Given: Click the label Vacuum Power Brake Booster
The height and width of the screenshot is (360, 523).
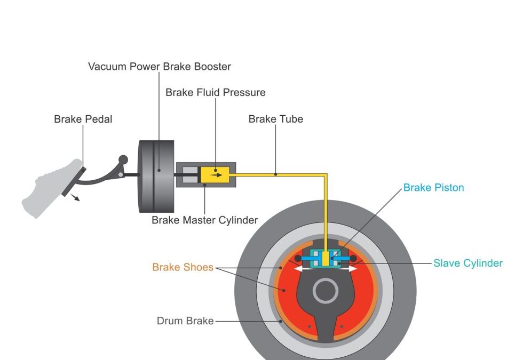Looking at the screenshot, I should [159, 67].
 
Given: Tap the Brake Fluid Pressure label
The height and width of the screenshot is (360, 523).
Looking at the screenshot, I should [215, 92].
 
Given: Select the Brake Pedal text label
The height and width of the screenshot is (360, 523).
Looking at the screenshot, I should [83, 119].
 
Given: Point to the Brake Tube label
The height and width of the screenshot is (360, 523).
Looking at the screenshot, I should [275, 119].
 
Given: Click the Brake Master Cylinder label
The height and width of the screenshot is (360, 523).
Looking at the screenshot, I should [204, 220].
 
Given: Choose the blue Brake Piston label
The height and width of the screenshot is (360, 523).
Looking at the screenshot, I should [433, 188].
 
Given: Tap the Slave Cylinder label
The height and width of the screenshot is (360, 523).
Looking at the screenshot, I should [467, 263].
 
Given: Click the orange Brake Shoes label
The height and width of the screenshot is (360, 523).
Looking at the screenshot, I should [183, 267].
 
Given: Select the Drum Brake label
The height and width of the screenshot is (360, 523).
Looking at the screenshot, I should [185, 321].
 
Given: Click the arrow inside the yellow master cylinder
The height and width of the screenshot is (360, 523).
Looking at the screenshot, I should [216, 174].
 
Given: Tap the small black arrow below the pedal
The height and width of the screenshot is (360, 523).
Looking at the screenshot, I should [76, 198].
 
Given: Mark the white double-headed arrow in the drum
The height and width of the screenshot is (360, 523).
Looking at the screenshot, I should [326, 269].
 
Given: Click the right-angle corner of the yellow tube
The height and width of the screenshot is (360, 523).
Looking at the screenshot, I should [325, 175].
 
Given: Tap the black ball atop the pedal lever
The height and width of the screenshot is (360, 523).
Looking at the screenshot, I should [123, 159].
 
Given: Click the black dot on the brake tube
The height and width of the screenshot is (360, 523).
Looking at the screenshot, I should [275, 174].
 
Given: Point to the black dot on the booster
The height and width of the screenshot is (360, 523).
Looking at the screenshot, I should [159, 171].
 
